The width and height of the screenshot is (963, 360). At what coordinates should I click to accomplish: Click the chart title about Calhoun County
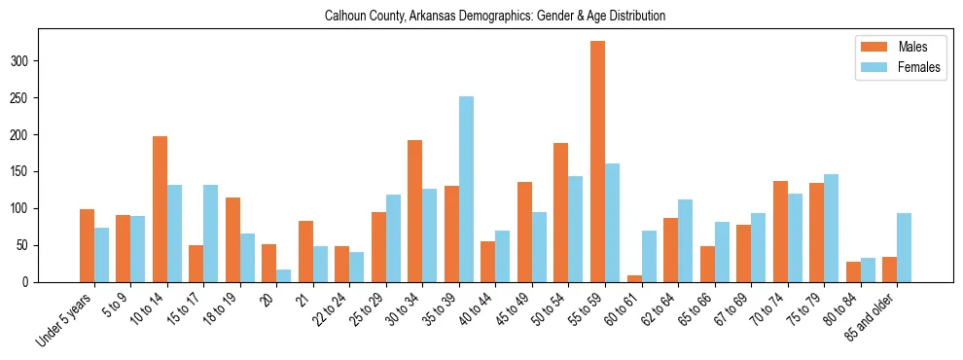(481, 17)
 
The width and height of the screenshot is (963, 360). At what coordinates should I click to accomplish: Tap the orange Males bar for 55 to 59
(597, 162)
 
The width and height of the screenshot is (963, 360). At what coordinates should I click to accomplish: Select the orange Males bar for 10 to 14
(160, 209)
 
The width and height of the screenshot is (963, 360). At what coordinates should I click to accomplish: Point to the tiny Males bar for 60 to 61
(634, 279)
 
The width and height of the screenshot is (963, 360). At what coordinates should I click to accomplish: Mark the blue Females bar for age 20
(284, 275)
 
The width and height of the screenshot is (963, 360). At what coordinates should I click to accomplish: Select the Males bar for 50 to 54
(561, 213)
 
